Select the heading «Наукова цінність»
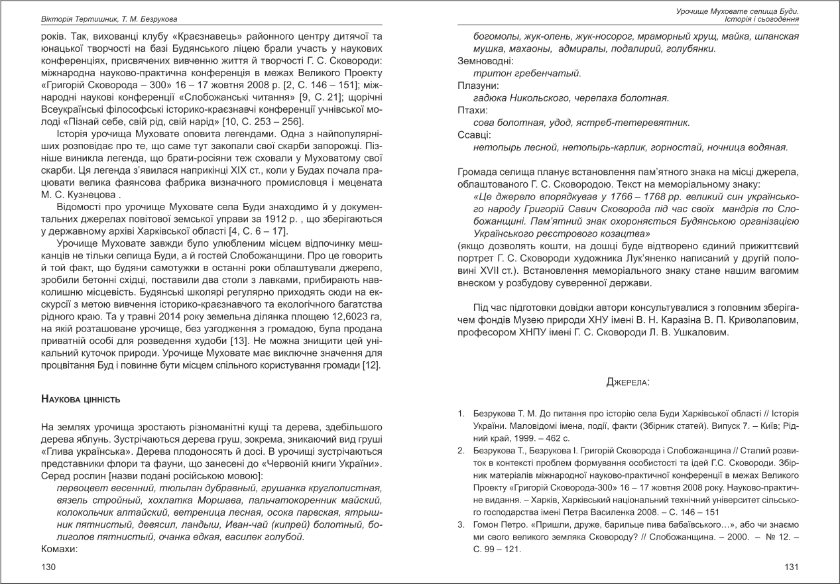point(80,399)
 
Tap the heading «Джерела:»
point(627,382)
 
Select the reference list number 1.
point(461,414)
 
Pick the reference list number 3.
point(461,525)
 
